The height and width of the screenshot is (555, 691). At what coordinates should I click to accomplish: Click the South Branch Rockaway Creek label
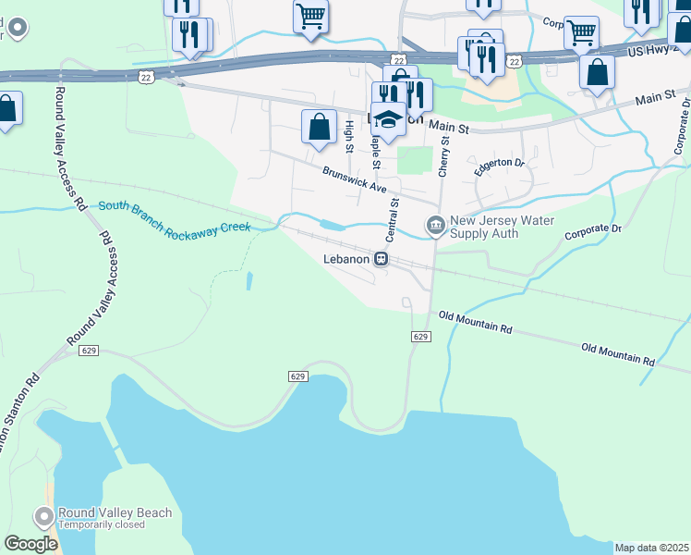tap(175, 218)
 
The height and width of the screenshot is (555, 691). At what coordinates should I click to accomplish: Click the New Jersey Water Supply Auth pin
tap(434, 225)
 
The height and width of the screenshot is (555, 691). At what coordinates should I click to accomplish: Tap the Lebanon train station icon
tap(381, 260)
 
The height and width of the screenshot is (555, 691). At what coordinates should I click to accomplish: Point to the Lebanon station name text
tap(345, 260)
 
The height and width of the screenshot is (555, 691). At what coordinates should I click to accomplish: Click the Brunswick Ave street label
tap(355, 179)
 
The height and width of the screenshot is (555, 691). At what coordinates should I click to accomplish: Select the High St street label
tap(349, 137)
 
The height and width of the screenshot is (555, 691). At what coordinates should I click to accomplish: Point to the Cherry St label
tap(444, 153)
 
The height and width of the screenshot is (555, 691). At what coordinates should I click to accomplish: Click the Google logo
tap(30, 544)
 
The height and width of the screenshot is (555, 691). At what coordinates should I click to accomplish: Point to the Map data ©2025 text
tap(651, 548)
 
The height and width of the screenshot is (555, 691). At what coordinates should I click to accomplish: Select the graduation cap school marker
tap(388, 119)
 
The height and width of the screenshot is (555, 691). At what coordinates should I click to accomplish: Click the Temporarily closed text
tap(101, 524)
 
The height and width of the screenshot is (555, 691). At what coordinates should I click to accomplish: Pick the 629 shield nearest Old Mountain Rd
tap(420, 337)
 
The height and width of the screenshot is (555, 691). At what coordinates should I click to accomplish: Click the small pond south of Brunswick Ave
tap(332, 225)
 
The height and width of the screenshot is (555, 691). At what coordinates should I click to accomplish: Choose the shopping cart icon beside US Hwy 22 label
tap(581, 33)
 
